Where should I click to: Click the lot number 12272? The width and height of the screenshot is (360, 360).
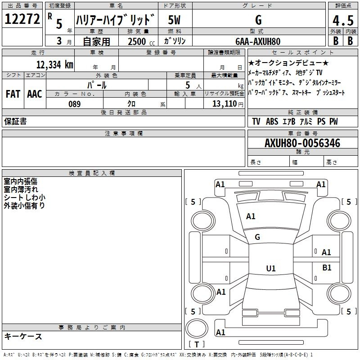pyautogui.click(x=22, y=19)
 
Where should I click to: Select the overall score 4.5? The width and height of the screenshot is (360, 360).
pyautogui.click(x=343, y=20)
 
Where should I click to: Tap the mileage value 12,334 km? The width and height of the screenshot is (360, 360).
pyautogui.click(x=55, y=65)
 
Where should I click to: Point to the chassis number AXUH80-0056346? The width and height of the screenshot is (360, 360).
pyautogui.click(x=302, y=143)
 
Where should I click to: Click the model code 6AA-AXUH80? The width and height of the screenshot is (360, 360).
pyautogui.click(x=258, y=41)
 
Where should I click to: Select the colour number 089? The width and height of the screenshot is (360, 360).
pyautogui.click(x=75, y=104)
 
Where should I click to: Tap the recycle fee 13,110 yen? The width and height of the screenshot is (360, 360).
pyautogui.click(x=228, y=104)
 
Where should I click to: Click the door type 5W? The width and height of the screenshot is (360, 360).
pyautogui.click(x=174, y=20)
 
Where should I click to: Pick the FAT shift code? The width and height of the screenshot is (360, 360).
pyautogui.click(x=13, y=94)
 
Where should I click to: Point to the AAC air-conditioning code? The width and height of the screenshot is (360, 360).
pyautogui.click(x=35, y=94)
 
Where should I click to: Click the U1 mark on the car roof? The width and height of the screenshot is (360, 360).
pyautogui.click(x=271, y=268)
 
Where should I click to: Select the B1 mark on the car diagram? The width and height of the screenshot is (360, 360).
pyautogui.click(x=327, y=267)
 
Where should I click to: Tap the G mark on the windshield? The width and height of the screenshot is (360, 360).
pyautogui.click(x=257, y=237)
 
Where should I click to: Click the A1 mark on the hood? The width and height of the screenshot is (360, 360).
pyautogui.click(x=251, y=216)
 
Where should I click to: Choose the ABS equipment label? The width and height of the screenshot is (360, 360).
pyautogui.click(x=272, y=121)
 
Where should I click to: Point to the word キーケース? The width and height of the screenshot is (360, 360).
pyautogui.click(x=23, y=337)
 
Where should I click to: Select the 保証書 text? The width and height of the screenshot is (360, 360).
pyautogui.click(x=15, y=121)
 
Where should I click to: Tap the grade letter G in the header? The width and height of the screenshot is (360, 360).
pyautogui.click(x=258, y=20)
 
